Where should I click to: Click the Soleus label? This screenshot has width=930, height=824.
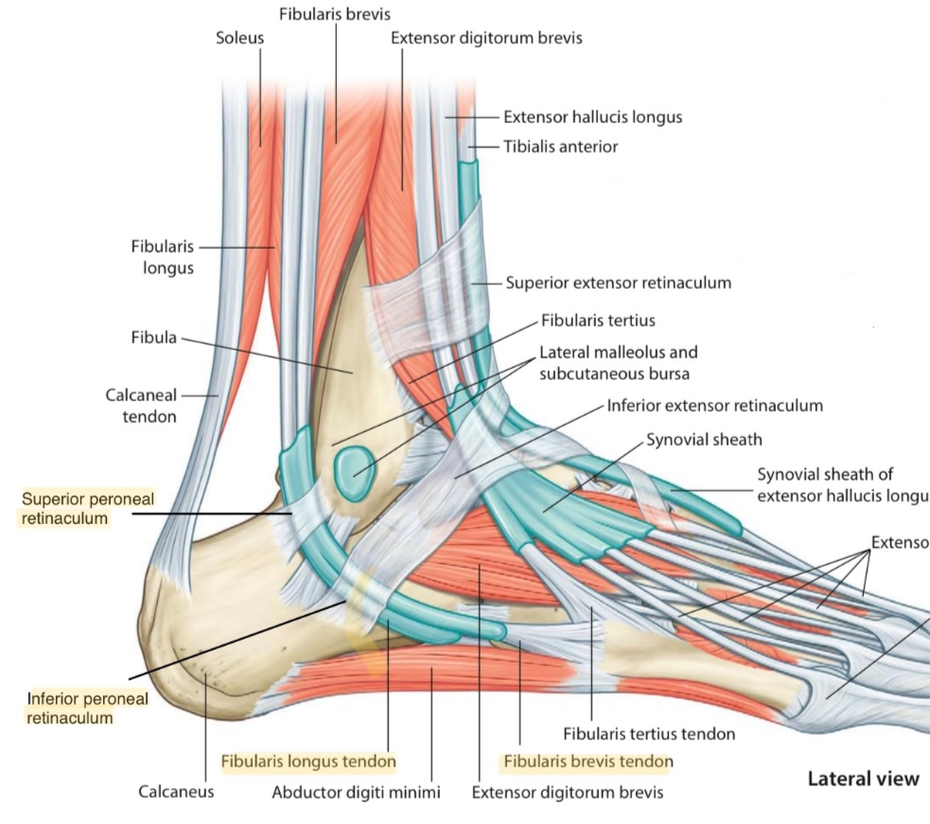pos(240,39)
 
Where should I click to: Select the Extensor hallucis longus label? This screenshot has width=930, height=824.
pos(592,117)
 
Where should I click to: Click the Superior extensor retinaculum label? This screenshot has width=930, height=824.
pos(618,282)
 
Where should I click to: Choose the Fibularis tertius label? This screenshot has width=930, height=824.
pos(599,321)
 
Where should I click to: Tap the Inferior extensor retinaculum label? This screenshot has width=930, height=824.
pos(714,405)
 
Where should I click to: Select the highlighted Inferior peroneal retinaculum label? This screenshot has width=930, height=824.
pos(75,708)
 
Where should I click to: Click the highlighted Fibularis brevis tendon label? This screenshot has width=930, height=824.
pos(587,761)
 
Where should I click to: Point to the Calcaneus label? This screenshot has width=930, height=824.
pos(176,792)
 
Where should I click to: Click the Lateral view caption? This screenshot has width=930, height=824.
pos(862,779)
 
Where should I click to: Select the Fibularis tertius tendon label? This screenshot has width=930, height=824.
pos(649,732)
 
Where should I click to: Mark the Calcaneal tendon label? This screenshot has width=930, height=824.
pos(141,406)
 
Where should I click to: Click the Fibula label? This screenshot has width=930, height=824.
pos(154,338)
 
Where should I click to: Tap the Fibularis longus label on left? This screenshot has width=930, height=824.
pos(163,256)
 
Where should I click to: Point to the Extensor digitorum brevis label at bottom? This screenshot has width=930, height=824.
pos(568,792)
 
